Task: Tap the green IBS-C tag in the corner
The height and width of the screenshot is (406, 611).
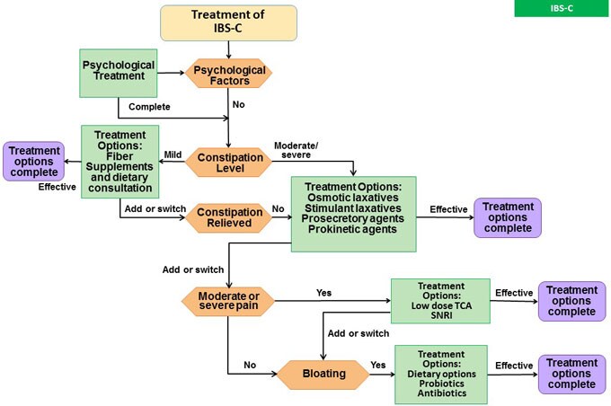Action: tap(561, 8)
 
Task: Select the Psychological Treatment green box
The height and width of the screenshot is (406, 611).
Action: tap(118, 72)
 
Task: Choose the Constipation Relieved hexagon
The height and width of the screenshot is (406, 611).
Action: tap(229, 216)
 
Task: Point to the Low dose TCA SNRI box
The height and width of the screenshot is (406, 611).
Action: tap(440, 299)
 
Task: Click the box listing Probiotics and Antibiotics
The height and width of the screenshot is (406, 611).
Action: tap(440, 374)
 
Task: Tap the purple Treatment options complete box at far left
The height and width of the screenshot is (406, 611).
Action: tap(32, 161)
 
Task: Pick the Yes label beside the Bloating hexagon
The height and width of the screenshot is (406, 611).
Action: tap(377, 366)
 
